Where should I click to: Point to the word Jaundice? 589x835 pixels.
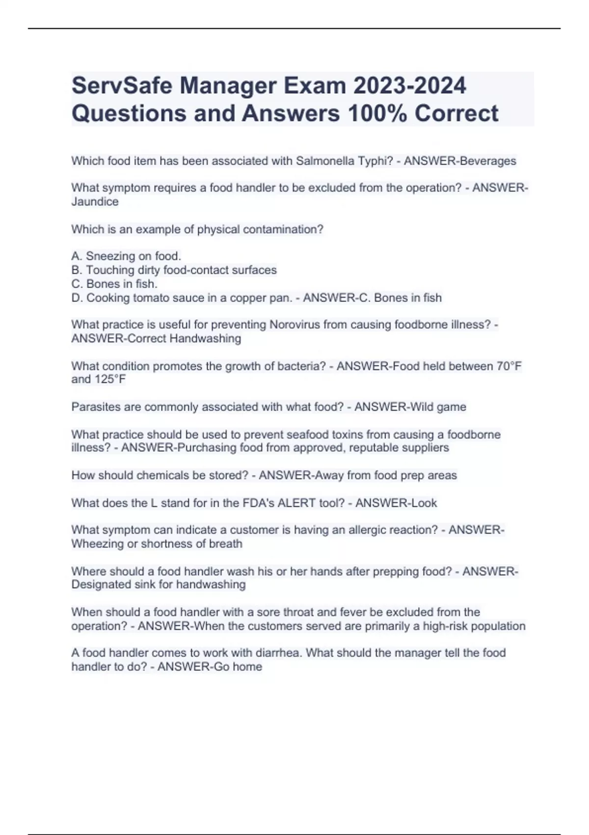[x=95, y=202]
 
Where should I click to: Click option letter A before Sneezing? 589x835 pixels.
[x=76, y=256]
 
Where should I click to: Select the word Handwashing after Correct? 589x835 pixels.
[x=210, y=338]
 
